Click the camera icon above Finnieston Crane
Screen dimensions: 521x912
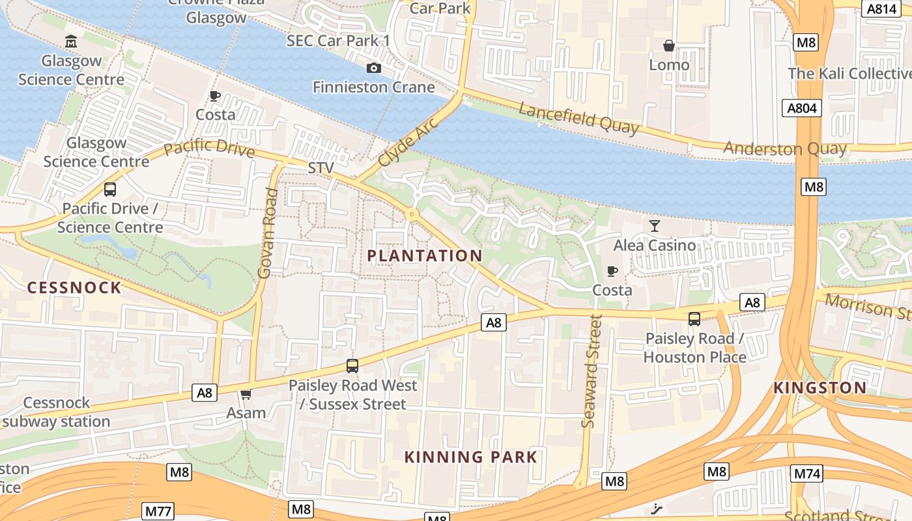pos(374,68)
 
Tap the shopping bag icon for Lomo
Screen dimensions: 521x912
pos(668,46)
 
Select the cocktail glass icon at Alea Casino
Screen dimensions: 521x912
pos(655,226)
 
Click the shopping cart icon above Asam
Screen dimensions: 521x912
pos(246,394)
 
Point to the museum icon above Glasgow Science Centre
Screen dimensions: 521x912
pos(71,42)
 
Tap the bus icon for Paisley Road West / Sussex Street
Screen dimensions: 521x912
pos(352,366)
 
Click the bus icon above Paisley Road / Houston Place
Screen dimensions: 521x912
pos(694,319)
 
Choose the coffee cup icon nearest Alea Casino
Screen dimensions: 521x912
pos(612,271)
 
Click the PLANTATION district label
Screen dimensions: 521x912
pos(425,256)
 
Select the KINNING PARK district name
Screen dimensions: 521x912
pos(471,457)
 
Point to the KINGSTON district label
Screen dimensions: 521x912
pos(819,388)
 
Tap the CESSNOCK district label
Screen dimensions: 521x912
pos(74,288)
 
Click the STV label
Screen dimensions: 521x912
pos(321,168)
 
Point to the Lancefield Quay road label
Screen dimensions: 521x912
pos(578,118)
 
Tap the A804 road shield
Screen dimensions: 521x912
pos(801,107)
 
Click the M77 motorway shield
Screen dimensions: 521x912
pos(158,511)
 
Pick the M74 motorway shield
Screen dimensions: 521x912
pos(806,473)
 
